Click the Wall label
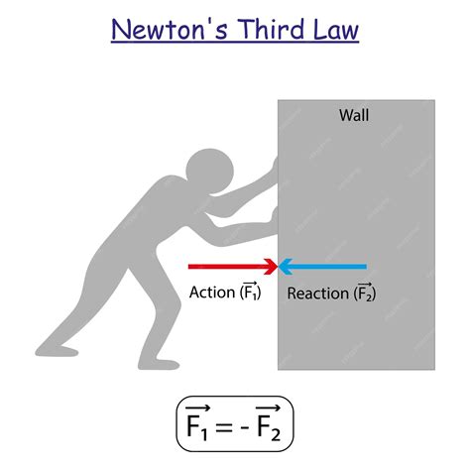coord(354,116)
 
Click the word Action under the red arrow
coord(211,294)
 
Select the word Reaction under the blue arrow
coord(317,294)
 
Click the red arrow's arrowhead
coord(271,266)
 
